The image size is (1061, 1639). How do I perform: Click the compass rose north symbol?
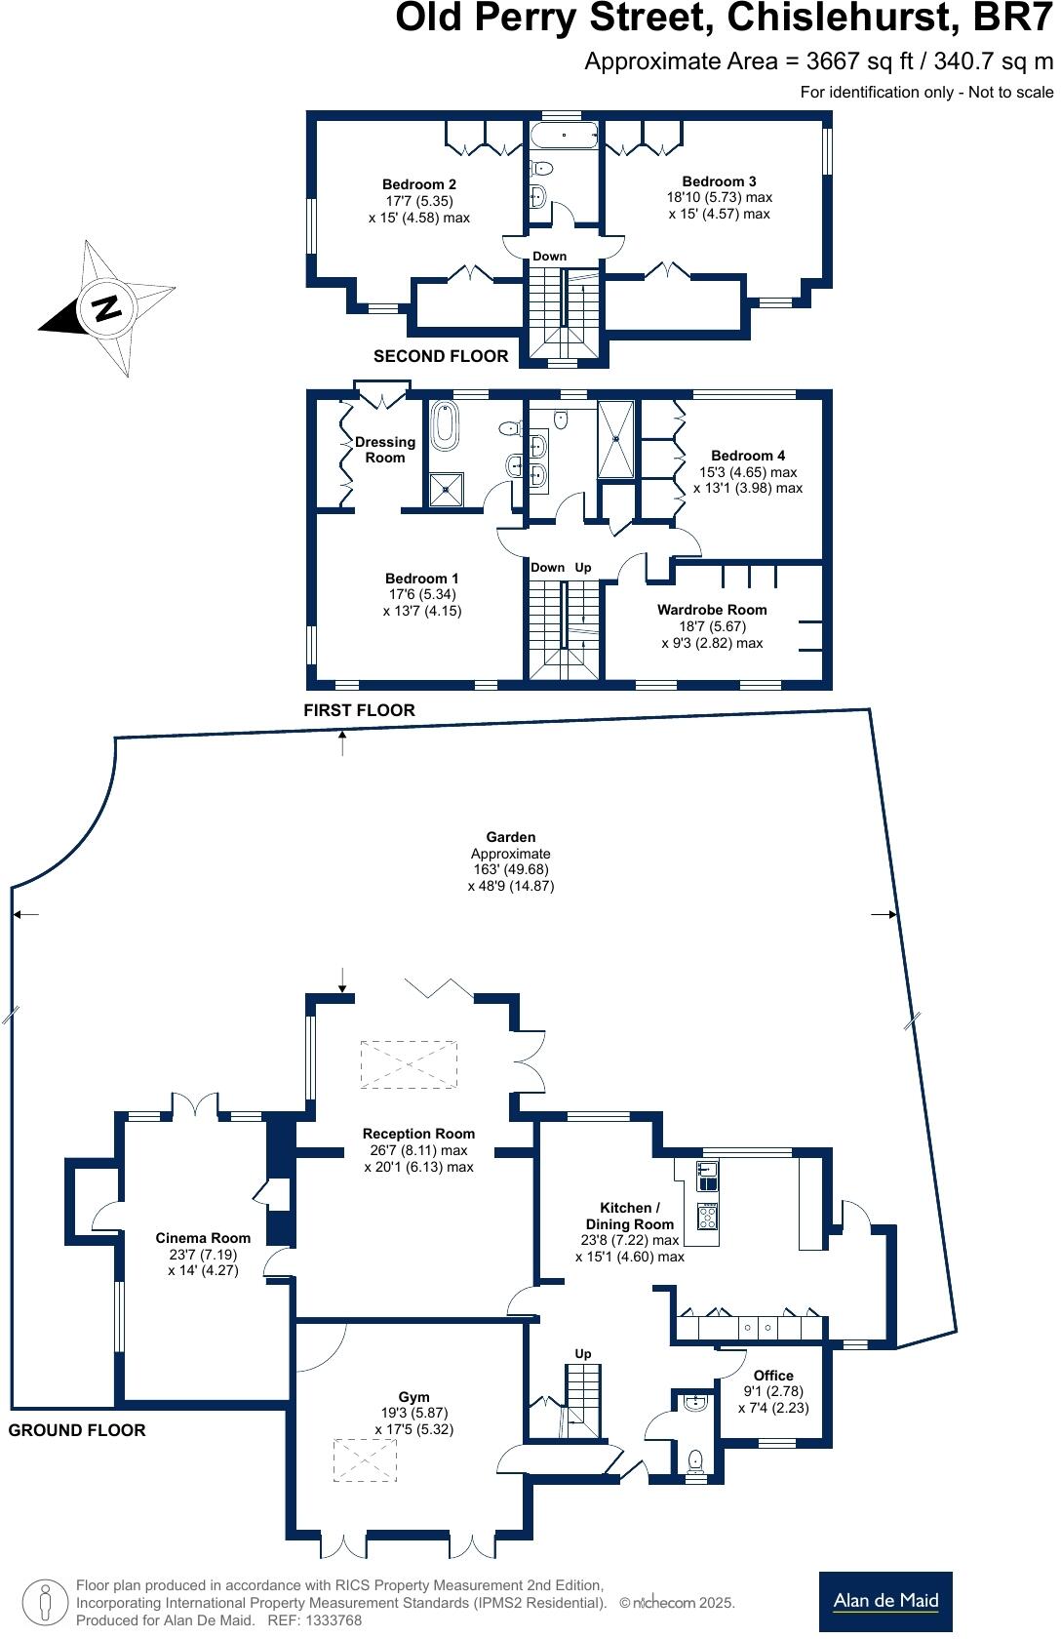click(105, 307)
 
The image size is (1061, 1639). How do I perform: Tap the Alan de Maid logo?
click(884, 1600)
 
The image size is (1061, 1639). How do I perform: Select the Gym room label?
click(413, 1397)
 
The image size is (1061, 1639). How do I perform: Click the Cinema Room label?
click(203, 1238)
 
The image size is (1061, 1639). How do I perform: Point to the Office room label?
click(773, 1376)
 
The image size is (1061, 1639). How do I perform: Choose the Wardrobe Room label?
click(712, 610)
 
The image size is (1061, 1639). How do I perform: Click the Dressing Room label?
click(385, 450)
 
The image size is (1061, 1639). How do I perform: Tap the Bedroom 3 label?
click(719, 181)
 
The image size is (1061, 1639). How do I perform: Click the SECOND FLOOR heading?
click(441, 356)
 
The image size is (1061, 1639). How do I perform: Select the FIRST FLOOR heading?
click(359, 710)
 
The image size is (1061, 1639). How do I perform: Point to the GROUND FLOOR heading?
click(77, 1430)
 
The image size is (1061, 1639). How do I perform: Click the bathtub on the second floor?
click(565, 135)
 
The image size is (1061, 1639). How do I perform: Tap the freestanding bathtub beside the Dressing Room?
click(445, 425)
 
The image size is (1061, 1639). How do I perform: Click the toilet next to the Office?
click(695, 1460)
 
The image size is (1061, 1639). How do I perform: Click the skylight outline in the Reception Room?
click(409, 1064)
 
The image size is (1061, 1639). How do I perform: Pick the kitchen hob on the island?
click(708, 1217)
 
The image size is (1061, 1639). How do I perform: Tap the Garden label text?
click(511, 837)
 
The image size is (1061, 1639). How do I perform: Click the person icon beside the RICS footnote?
click(44, 1601)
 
